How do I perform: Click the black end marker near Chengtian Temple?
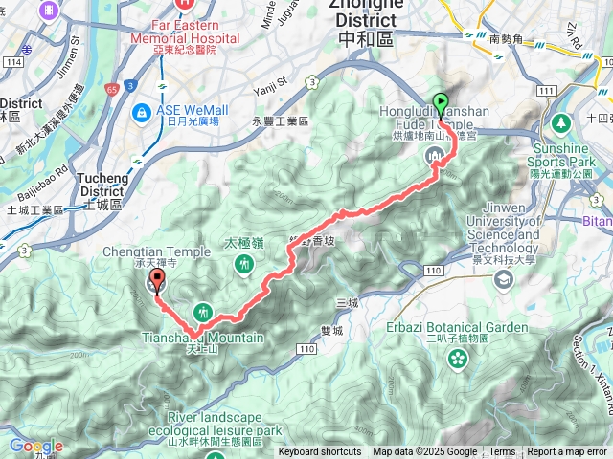(155, 282)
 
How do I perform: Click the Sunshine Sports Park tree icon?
(560, 124)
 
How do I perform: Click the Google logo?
(35, 447)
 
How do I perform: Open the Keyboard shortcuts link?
(319, 452)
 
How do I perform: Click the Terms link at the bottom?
(502, 452)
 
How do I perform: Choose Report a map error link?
(568, 452)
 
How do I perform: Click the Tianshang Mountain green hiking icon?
(202, 310)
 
